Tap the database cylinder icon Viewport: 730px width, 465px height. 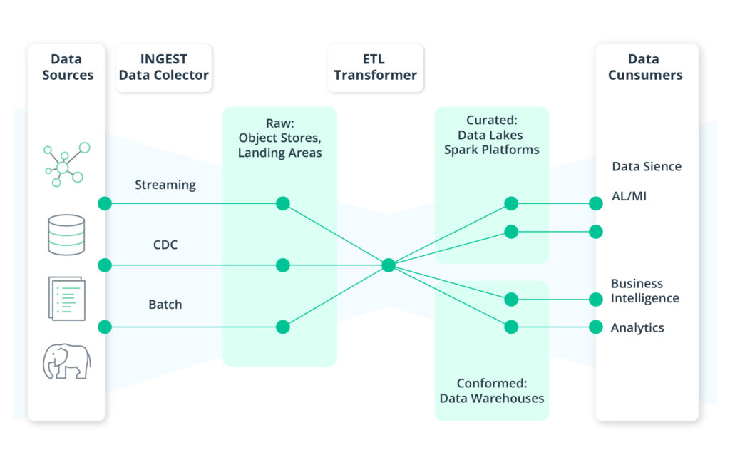pos(66,234)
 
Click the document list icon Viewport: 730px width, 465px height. pos(66,298)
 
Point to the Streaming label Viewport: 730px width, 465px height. pos(165,185)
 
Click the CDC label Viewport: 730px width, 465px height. pos(165,245)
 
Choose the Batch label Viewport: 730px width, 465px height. pos(165,305)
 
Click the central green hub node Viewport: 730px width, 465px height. pos(389,265)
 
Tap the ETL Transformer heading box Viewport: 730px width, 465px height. pos(375,68)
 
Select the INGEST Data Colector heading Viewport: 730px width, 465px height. pos(164,68)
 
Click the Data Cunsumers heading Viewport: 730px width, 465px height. pos(645,68)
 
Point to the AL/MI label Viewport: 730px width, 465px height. pos(629,196)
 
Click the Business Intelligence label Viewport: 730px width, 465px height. pos(645,291)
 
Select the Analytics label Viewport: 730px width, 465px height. pos(637,328)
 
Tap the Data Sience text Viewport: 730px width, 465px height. pos(647,167)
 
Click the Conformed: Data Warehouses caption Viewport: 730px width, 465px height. pos(492,391)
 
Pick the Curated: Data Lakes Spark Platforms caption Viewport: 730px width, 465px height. pos(492,136)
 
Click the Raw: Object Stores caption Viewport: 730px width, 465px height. pos(279,138)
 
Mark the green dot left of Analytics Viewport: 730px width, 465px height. pos(596,327)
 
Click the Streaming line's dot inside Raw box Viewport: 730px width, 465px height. pos(283,203)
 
